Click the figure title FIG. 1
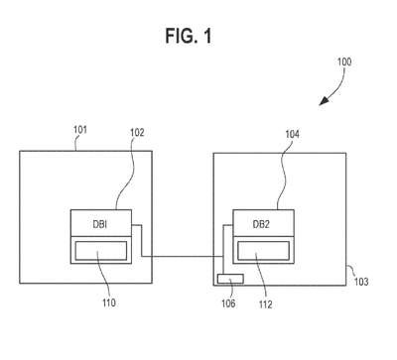point(189,36)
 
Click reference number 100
point(344,61)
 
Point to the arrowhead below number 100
point(324,101)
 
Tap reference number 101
point(80,129)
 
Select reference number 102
point(137,133)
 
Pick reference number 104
point(292,134)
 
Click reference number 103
point(361,282)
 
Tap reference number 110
point(109,302)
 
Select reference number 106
point(228,303)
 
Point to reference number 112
point(265,304)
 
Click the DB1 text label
point(99,224)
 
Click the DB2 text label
point(261,224)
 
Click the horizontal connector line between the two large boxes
point(183,256)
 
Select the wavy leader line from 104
point(282,175)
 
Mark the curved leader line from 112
point(261,276)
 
